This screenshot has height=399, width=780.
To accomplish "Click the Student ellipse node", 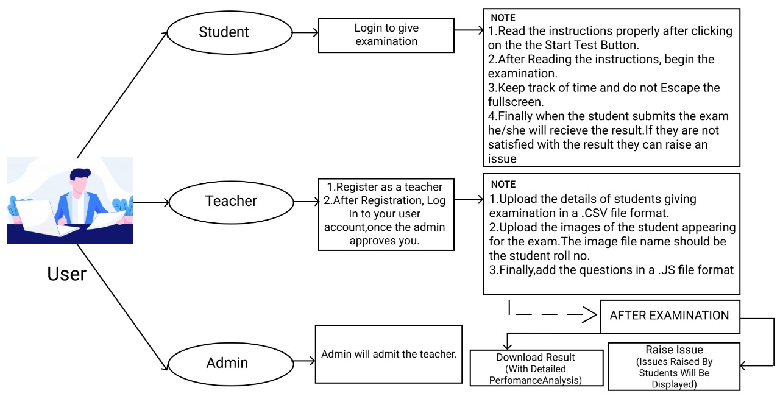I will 224,32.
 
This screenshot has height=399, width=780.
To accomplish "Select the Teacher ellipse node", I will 231,201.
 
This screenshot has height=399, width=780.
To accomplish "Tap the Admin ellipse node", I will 227,363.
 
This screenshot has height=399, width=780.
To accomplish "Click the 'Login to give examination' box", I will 386,35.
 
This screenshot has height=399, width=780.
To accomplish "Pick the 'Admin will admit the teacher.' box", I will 389,354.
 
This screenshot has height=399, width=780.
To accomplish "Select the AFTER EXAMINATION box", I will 669,316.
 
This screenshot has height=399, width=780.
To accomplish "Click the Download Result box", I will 535,369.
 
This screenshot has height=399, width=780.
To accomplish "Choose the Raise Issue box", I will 673,366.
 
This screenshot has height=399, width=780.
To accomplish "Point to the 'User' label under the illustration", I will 66,274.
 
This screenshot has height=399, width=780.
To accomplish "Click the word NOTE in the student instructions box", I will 503,18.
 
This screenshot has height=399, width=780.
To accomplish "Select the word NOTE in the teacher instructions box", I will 503,184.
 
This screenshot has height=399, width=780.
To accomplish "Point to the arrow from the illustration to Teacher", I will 149,202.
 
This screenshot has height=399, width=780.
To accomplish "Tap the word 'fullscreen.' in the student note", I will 512,102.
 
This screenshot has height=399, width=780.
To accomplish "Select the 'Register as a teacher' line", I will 385,187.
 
